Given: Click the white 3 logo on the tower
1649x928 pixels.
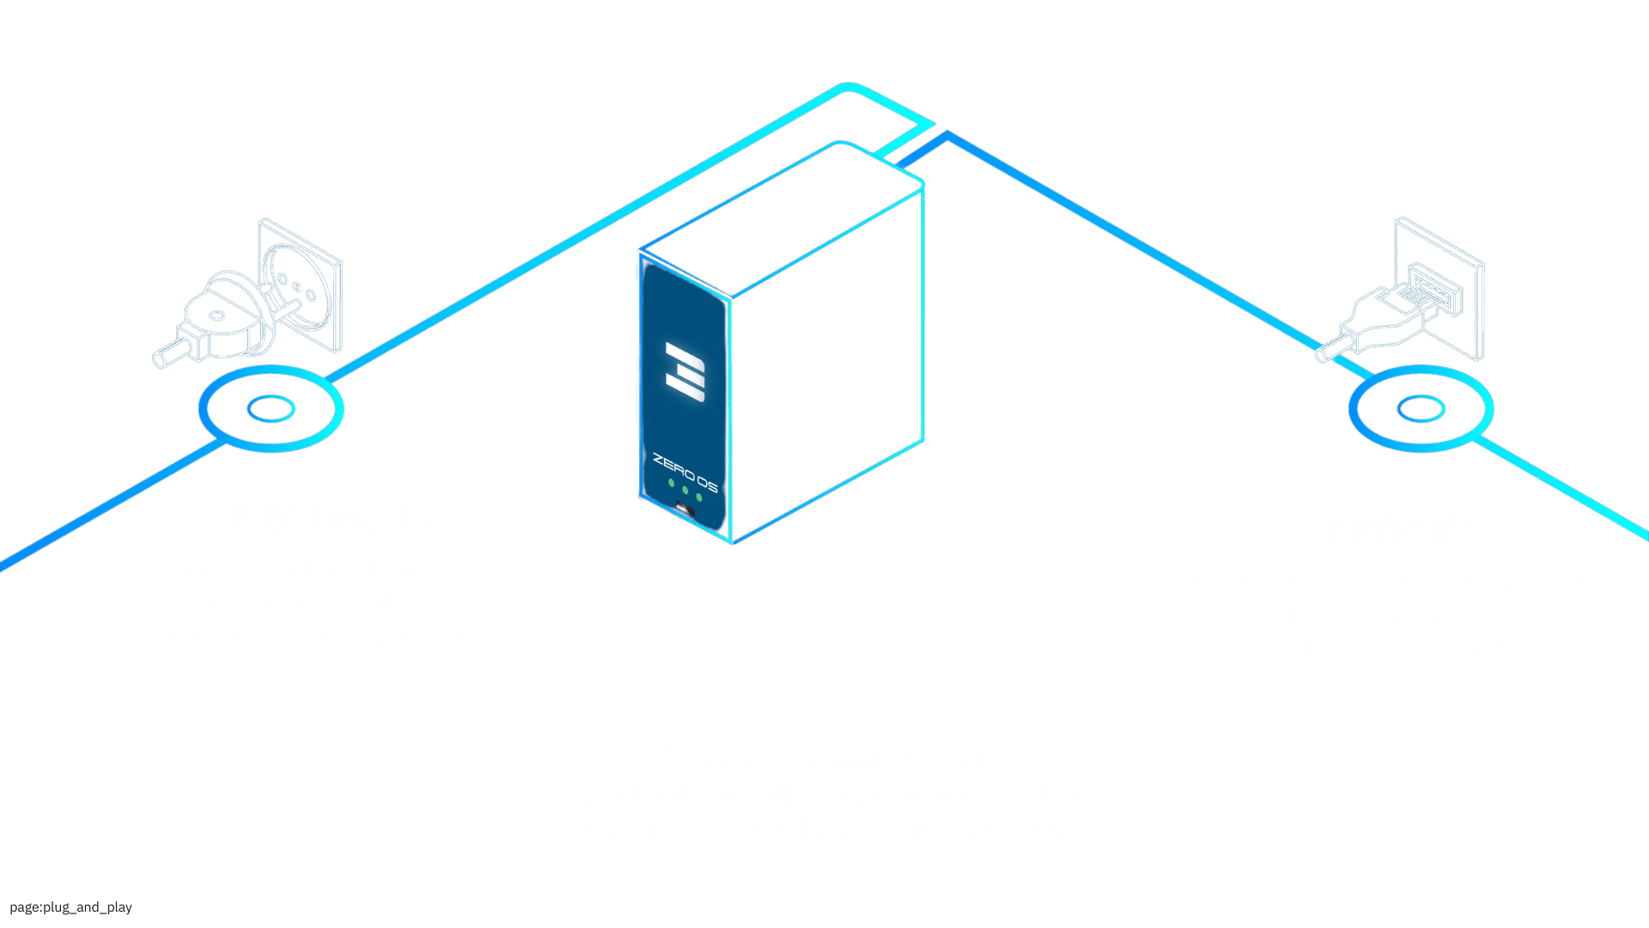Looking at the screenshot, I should click(685, 371).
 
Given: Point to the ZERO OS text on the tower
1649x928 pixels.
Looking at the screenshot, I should click(685, 473).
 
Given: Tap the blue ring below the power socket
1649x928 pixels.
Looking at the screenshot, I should click(271, 409).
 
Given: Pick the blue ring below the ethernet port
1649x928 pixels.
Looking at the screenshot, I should click(1421, 409).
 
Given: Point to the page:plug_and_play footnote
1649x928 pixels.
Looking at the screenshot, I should click(71, 907).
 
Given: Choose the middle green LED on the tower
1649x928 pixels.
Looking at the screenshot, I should click(685, 491).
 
